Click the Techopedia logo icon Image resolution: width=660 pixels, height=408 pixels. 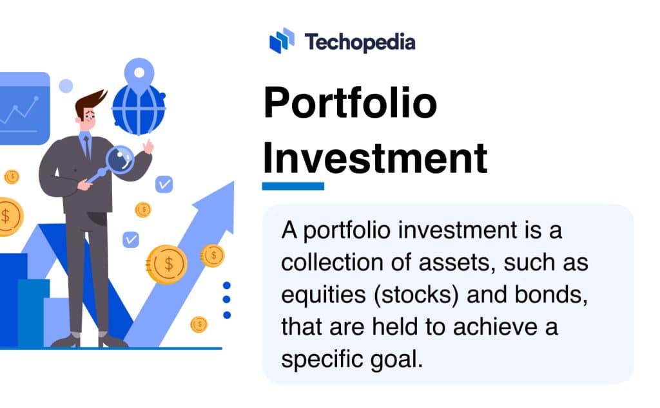282,41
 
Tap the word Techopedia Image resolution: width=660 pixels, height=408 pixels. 360,42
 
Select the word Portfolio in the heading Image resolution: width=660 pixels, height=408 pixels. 350,105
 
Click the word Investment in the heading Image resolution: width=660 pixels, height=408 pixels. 374,158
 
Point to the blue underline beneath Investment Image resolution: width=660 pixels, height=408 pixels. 293,186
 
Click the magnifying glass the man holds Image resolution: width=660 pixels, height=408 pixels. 119,158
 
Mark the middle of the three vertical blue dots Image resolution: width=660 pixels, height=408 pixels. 226,299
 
